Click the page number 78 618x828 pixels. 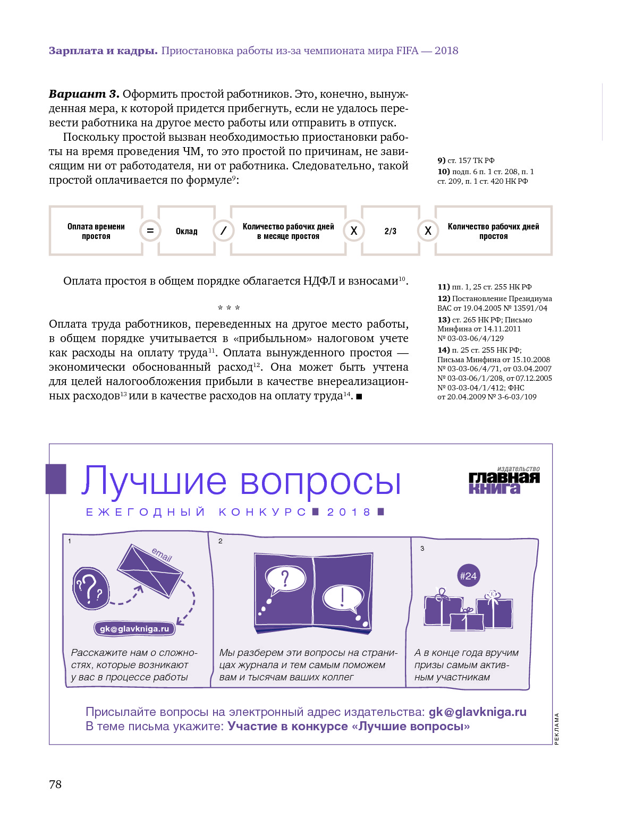[x=55, y=784]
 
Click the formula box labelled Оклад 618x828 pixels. [x=187, y=231]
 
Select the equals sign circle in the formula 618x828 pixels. [x=150, y=231]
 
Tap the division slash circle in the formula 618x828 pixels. [x=223, y=231]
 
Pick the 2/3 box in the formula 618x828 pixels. [x=390, y=231]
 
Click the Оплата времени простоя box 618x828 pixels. [x=96, y=231]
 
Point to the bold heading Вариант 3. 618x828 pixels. [x=84, y=94]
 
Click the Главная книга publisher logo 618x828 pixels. [x=504, y=481]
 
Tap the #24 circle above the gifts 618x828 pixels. [x=468, y=576]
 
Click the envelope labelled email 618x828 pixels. [x=150, y=571]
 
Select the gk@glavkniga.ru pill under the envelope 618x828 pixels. [x=134, y=629]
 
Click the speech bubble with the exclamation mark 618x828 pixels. [x=343, y=599]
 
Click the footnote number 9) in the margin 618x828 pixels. [x=441, y=160]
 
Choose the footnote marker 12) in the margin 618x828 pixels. [x=444, y=298]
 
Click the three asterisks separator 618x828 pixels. [x=228, y=308]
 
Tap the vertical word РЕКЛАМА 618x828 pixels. [x=557, y=728]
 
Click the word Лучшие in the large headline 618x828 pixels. [x=154, y=481]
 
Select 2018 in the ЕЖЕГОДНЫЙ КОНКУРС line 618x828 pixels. [x=349, y=512]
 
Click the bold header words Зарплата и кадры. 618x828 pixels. [x=103, y=51]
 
